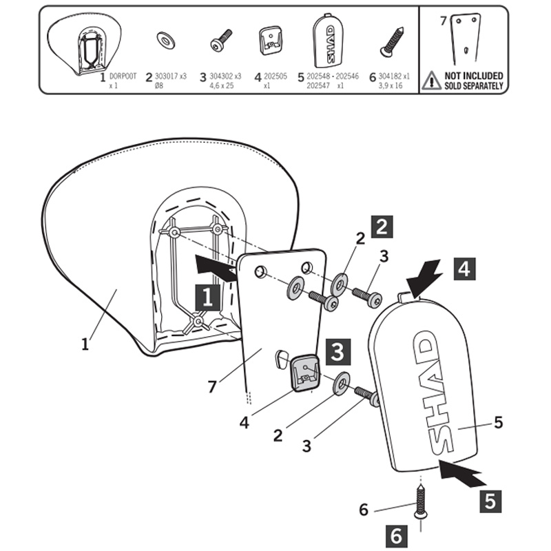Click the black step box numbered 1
207,298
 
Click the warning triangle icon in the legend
431,80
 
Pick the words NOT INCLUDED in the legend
473,75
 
